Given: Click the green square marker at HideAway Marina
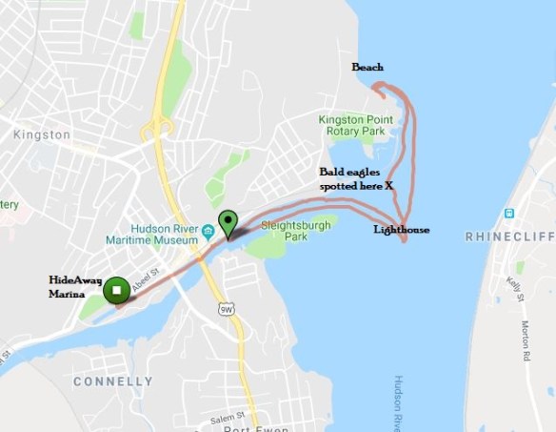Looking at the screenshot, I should (x=116, y=290).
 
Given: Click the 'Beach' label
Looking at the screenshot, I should (x=367, y=68).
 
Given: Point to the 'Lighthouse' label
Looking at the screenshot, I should (x=401, y=230).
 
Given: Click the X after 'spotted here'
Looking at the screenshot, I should (x=389, y=186).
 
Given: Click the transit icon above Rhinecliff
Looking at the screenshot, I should (x=510, y=213).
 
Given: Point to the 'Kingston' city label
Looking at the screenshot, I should (x=42, y=135).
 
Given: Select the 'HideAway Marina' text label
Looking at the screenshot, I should (x=73, y=287).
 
